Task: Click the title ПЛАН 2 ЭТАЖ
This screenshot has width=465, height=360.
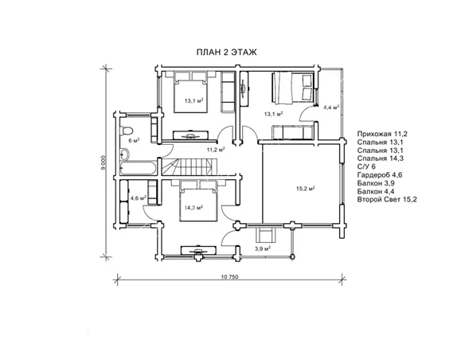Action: pyautogui.click(x=227, y=53)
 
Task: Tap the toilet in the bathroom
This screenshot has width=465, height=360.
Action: pyautogui.click(x=126, y=131)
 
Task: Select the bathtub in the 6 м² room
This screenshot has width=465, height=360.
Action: pyautogui.click(x=138, y=168)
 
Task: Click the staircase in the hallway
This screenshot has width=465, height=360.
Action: pyautogui.click(x=190, y=167)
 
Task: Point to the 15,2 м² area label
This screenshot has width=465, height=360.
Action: pyautogui.click(x=306, y=188)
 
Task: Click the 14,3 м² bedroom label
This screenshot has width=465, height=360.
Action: pyautogui.click(x=193, y=208)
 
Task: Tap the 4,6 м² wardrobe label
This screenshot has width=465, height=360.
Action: pyautogui.click(x=139, y=198)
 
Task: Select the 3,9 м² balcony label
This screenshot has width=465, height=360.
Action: pyautogui.click(x=262, y=248)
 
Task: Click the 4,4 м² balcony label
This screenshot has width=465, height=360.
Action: pyautogui.click(x=331, y=108)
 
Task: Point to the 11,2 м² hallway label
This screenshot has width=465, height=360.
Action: pyautogui.click(x=216, y=150)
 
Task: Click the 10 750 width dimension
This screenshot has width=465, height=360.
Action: pyautogui.click(x=229, y=277)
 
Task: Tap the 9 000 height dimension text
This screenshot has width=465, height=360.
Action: pyautogui.click(x=103, y=162)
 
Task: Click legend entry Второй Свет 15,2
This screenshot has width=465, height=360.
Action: pyautogui.click(x=387, y=200)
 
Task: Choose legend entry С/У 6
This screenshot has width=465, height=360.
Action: pyautogui.click(x=366, y=166)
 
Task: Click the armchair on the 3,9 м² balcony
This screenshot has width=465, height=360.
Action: pyautogui.click(x=266, y=235)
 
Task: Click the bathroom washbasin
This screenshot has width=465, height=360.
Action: pyautogui.click(x=124, y=154)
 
